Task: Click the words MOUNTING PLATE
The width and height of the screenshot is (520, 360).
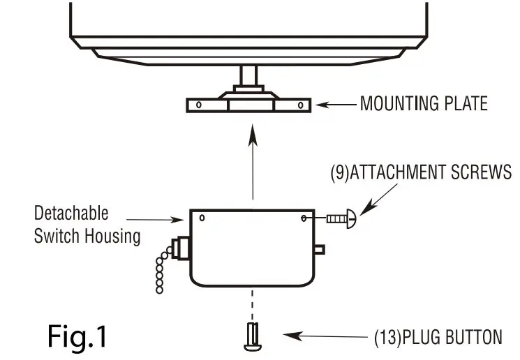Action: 423,105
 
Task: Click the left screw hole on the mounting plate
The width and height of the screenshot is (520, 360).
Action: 199,106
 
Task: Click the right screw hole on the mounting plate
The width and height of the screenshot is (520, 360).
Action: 300,106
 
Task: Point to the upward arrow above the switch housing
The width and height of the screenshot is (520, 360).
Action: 253,167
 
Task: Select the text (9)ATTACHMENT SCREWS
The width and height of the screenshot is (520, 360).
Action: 420,172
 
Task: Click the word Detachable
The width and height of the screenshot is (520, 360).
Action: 71,213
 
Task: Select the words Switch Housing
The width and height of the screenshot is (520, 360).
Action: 87,236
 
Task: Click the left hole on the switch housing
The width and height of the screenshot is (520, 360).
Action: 202,218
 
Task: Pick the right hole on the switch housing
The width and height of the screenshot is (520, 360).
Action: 305,218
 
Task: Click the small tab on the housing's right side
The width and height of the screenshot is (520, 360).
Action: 318,248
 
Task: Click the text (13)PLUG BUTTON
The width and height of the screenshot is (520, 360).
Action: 438,338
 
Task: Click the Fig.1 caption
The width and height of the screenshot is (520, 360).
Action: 77,336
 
